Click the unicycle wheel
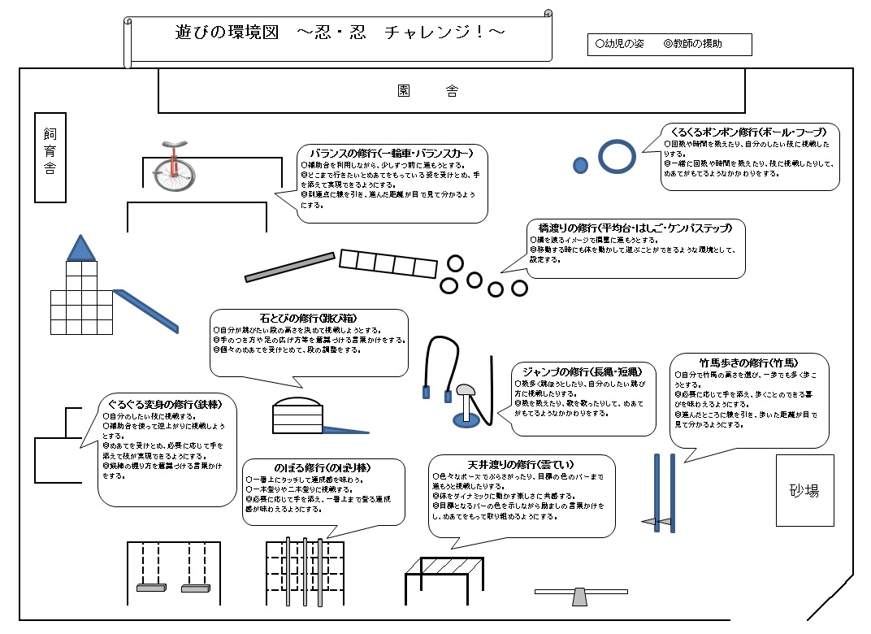[x=171, y=170]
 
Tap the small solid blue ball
[x=580, y=165]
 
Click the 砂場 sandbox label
[x=804, y=490]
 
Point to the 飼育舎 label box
[x=50, y=157]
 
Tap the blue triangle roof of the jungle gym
[x=80, y=249]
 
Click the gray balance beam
[x=290, y=267]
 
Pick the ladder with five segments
[x=388, y=264]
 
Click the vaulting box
[x=297, y=415]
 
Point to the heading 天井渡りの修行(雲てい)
[x=520, y=464]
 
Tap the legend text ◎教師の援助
[x=692, y=44]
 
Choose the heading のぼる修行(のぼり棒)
[x=323, y=468]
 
